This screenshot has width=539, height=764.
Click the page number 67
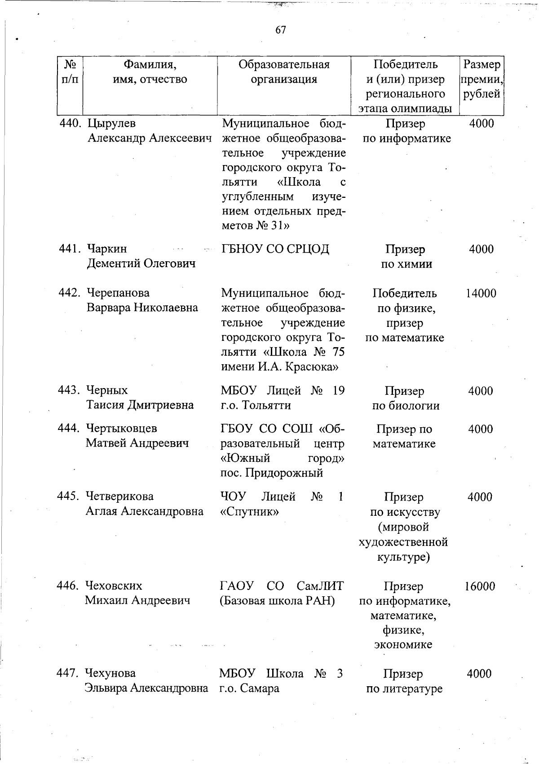point(280,30)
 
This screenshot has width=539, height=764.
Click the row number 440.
point(71,123)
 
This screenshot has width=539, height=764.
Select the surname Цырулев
point(111,123)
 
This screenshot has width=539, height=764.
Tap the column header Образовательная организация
point(284,72)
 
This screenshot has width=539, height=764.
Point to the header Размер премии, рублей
point(481,79)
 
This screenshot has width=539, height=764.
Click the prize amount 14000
point(481,294)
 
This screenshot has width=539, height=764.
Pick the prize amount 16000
point(480,586)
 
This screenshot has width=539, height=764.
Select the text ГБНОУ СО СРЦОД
point(275,249)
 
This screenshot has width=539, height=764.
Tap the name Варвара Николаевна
point(142,308)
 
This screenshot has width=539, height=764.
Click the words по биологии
point(406,406)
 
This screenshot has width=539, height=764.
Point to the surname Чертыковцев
point(121,429)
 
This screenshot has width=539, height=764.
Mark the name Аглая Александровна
point(144,511)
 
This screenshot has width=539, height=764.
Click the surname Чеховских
point(114,586)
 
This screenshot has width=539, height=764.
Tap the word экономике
point(403,644)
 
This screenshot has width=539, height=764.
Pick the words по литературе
point(404,688)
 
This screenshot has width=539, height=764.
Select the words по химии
point(406,264)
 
